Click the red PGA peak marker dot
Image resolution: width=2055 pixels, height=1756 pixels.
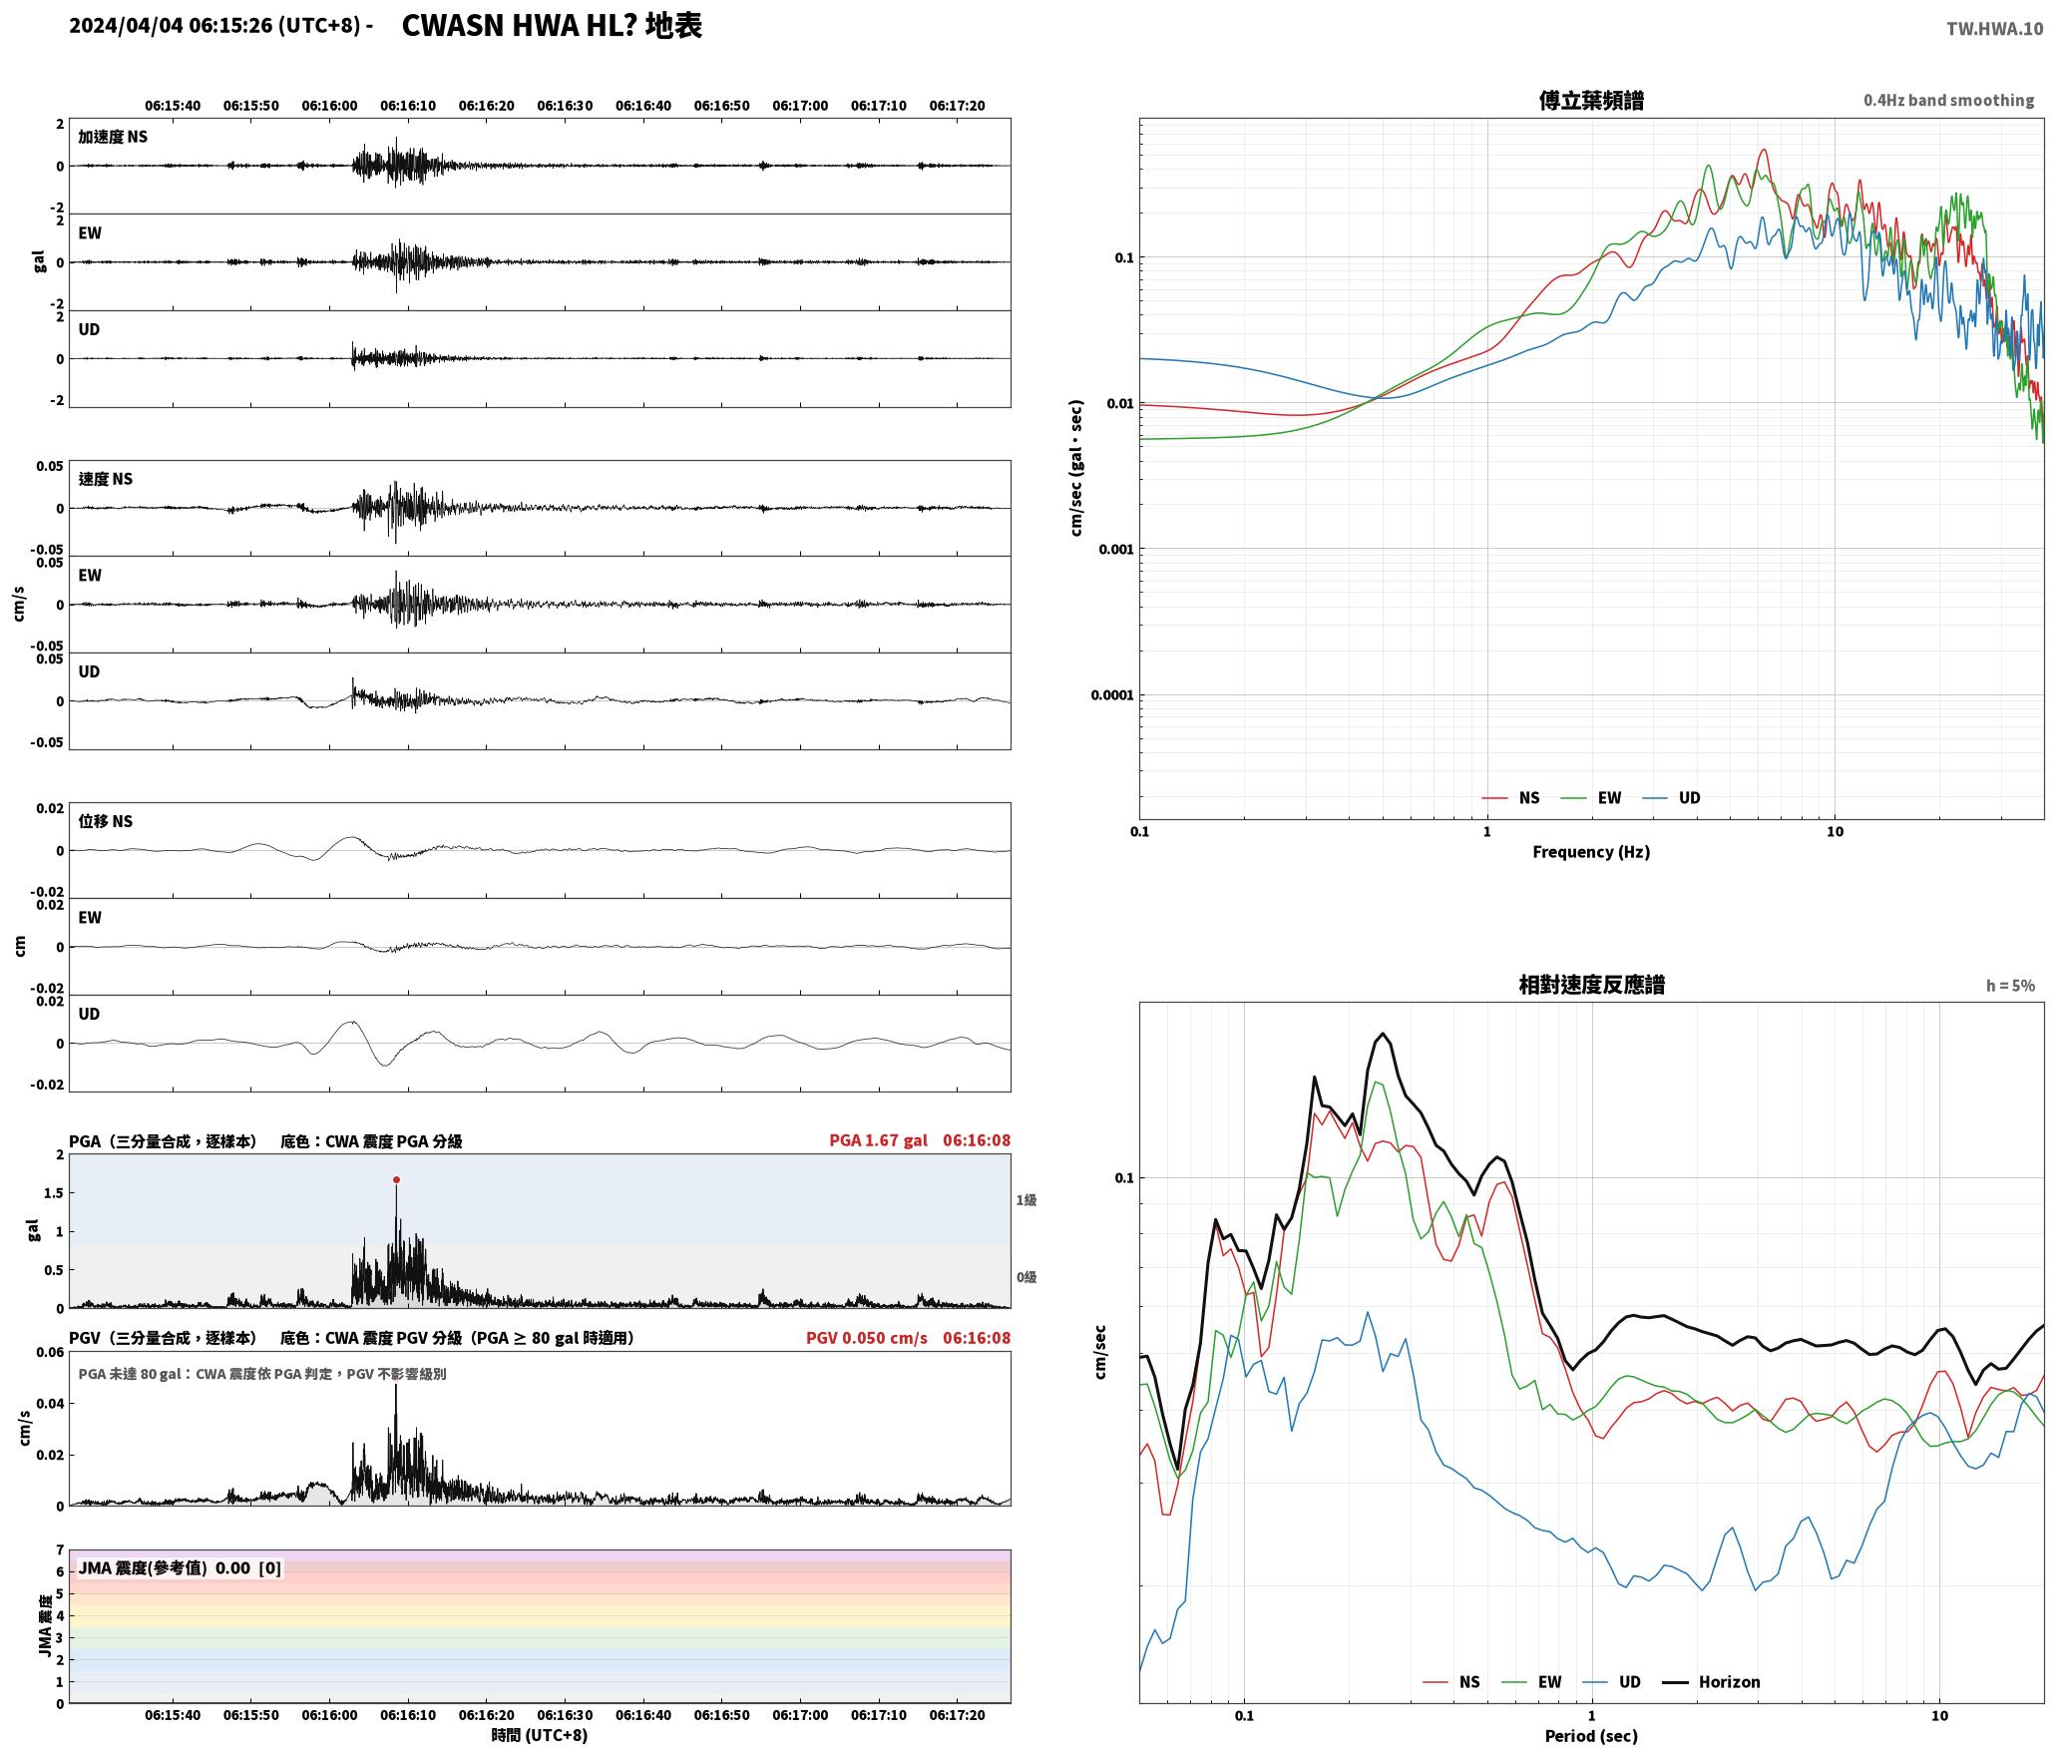396,1179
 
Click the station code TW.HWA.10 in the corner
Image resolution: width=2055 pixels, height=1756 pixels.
1994,29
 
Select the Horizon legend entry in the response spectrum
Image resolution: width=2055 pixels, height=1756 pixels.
1711,1682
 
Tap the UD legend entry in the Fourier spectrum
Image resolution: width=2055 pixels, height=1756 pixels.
1671,798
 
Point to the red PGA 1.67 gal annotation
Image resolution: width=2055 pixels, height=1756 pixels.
878,1140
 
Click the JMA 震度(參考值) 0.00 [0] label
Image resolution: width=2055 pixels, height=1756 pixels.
180,1568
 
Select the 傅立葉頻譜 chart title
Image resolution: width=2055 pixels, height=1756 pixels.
1591,101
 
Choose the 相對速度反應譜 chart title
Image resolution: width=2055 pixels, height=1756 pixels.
1591,985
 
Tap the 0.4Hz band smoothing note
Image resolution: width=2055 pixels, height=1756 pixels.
1948,101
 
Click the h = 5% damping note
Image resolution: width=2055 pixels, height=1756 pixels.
2010,986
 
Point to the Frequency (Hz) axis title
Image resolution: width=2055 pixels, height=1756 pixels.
1591,852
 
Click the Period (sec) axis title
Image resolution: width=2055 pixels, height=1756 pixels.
1591,1736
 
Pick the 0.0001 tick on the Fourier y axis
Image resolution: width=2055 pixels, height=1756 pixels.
1112,695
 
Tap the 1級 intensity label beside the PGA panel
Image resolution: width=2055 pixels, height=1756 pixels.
1027,1200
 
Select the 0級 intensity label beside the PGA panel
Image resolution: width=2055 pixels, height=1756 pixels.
1027,1277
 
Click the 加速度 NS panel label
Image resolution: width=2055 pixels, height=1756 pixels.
113,137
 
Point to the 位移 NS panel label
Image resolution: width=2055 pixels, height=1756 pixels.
106,821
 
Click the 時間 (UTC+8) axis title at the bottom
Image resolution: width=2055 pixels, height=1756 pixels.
539,1735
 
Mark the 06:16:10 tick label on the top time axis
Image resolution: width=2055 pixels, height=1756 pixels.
408,106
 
